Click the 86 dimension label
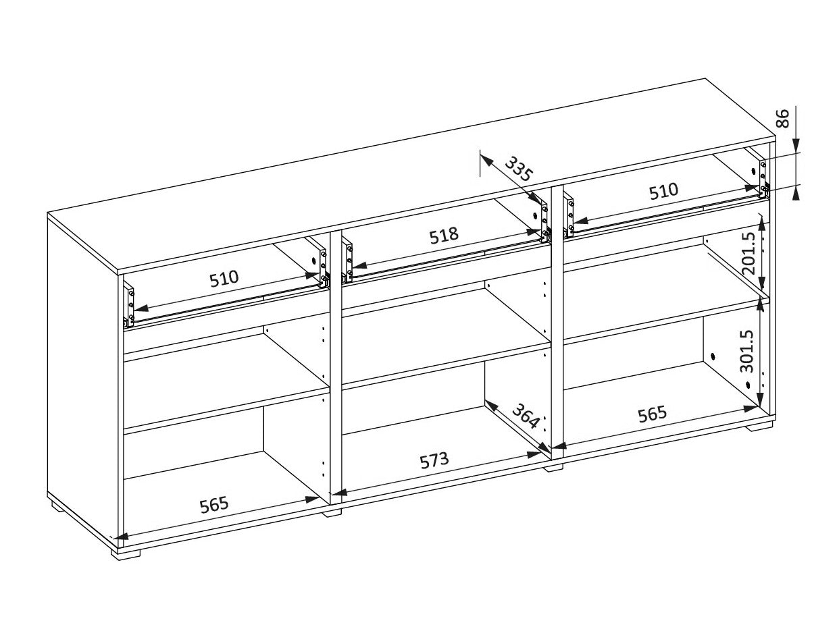[782, 119]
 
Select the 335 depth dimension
[518, 169]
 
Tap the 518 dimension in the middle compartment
[444, 236]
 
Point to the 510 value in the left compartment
[224, 279]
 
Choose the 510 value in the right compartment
[664, 191]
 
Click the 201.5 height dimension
[749, 253]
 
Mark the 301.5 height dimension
[746, 351]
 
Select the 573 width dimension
[434, 460]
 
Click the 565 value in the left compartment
[214, 504]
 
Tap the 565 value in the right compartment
[653, 414]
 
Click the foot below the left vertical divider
[332, 512]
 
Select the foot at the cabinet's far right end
[759, 426]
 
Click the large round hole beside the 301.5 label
[713, 357]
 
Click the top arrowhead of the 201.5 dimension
[761, 225]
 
